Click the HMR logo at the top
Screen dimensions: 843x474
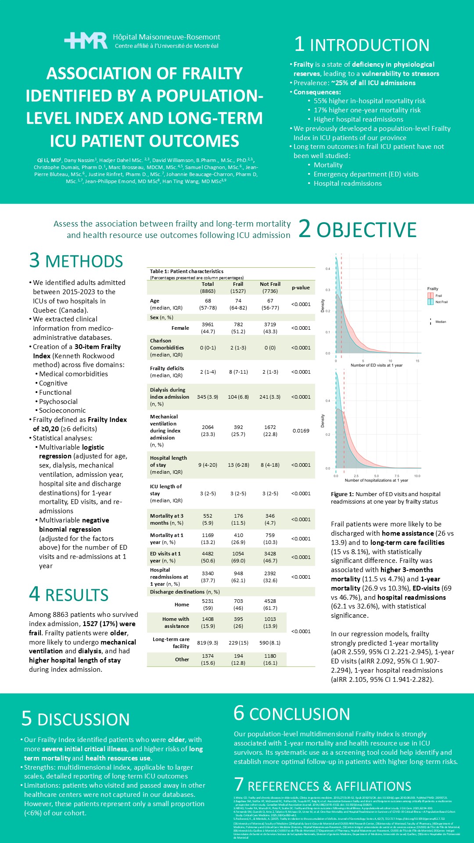[86, 40]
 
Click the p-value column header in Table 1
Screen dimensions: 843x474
[301, 288]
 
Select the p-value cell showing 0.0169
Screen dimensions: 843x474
[301, 431]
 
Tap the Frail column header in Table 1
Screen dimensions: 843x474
[238, 284]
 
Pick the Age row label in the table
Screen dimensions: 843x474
[154, 301]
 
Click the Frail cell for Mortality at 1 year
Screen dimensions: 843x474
[238, 539]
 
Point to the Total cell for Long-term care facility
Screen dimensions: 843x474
[208, 643]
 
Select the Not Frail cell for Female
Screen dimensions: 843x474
[270, 328]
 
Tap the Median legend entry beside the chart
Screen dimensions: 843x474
[440, 322]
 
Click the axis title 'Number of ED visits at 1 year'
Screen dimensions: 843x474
[376, 365]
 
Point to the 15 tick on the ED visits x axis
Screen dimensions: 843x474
[417, 360]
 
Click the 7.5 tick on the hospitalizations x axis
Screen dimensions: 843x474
[397, 476]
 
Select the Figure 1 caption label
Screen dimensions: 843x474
[342, 494]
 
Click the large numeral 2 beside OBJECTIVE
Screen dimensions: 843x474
[305, 229]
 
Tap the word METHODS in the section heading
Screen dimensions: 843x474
[84, 261]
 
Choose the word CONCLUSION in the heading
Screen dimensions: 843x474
[299, 714]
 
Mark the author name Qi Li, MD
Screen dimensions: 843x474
[48, 160]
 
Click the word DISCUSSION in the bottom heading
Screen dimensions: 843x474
[83, 720]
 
